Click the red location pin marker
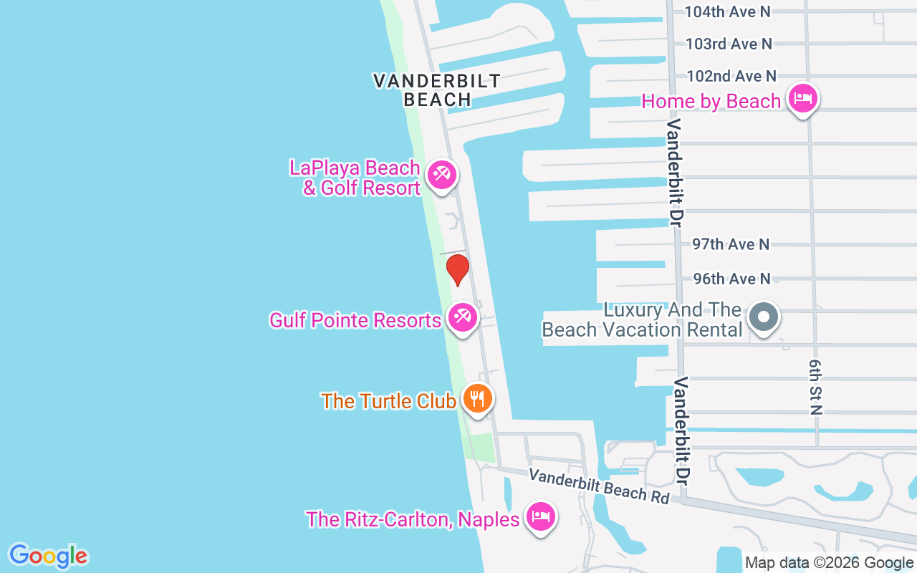[x=457, y=269]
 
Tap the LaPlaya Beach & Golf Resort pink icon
[x=441, y=175]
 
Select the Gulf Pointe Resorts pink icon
[x=463, y=317]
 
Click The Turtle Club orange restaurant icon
[x=477, y=398]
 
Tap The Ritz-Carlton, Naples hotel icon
[x=541, y=516]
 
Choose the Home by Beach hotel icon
[x=802, y=98]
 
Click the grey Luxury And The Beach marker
[x=764, y=316]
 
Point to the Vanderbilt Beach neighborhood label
[x=437, y=90]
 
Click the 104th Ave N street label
[x=727, y=11]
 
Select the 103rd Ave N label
[x=729, y=44]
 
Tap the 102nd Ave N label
[x=731, y=76]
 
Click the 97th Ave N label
[x=731, y=244]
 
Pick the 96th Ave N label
[x=731, y=279]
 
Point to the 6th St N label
[x=815, y=387]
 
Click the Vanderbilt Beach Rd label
[x=600, y=486]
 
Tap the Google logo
[x=48, y=556]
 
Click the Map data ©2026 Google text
[x=829, y=563]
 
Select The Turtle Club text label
[x=388, y=401]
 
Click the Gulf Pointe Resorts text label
[x=355, y=320]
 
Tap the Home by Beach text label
[x=711, y=102]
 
